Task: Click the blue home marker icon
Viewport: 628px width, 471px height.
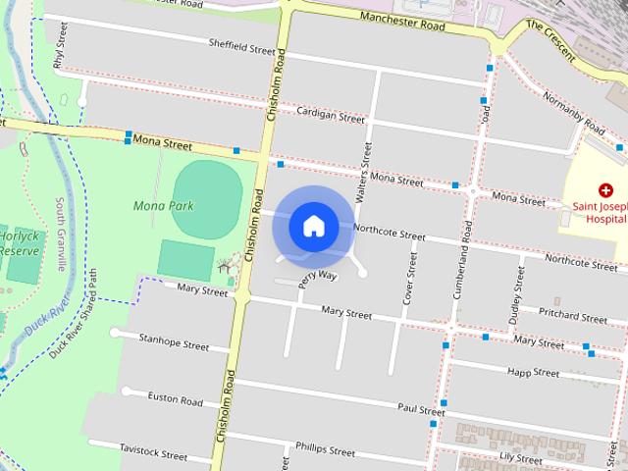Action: (314, 226)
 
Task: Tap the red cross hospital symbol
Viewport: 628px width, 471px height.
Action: (605, 189)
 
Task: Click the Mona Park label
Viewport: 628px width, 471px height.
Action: (163, 206)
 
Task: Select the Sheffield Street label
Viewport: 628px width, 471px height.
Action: (241, 47)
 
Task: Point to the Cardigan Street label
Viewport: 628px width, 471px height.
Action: (331, 115)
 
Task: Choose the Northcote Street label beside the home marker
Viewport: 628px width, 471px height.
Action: (389, 235)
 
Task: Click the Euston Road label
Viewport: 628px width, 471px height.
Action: (175, 400)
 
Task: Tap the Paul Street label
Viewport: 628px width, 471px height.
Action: (421, 409)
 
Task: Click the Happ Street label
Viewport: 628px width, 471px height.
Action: (533, 373)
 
